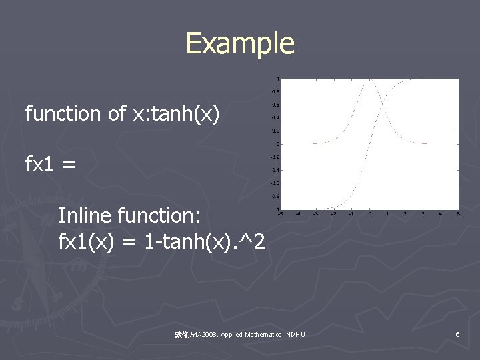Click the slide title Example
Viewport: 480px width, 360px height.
point(239,43)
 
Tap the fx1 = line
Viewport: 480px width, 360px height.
point(50,164)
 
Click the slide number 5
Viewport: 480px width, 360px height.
point(457,334)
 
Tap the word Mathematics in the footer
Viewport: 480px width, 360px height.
point(263,334)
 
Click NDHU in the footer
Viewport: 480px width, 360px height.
point(295,334)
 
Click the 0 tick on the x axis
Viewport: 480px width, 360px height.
point(369,213)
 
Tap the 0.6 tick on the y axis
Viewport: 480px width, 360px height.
point(275,105)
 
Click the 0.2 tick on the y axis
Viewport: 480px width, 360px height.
point(275,131)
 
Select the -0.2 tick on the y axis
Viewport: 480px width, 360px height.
point(274,157)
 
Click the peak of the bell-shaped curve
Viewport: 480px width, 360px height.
point(369,79)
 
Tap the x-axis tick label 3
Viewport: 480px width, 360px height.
point(423,213)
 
